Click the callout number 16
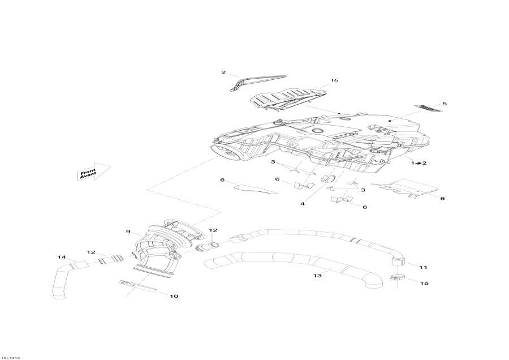pos(334,80)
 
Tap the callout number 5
pos(445,104)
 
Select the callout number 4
pos(303,203)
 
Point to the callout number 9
pos(128,232)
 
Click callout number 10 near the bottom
pos(174,296)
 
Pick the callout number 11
pos(424,267)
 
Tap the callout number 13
pos(318,276)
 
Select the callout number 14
pos(61,258)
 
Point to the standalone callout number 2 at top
pos(223,72)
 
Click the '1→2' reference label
pos(419,162)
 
